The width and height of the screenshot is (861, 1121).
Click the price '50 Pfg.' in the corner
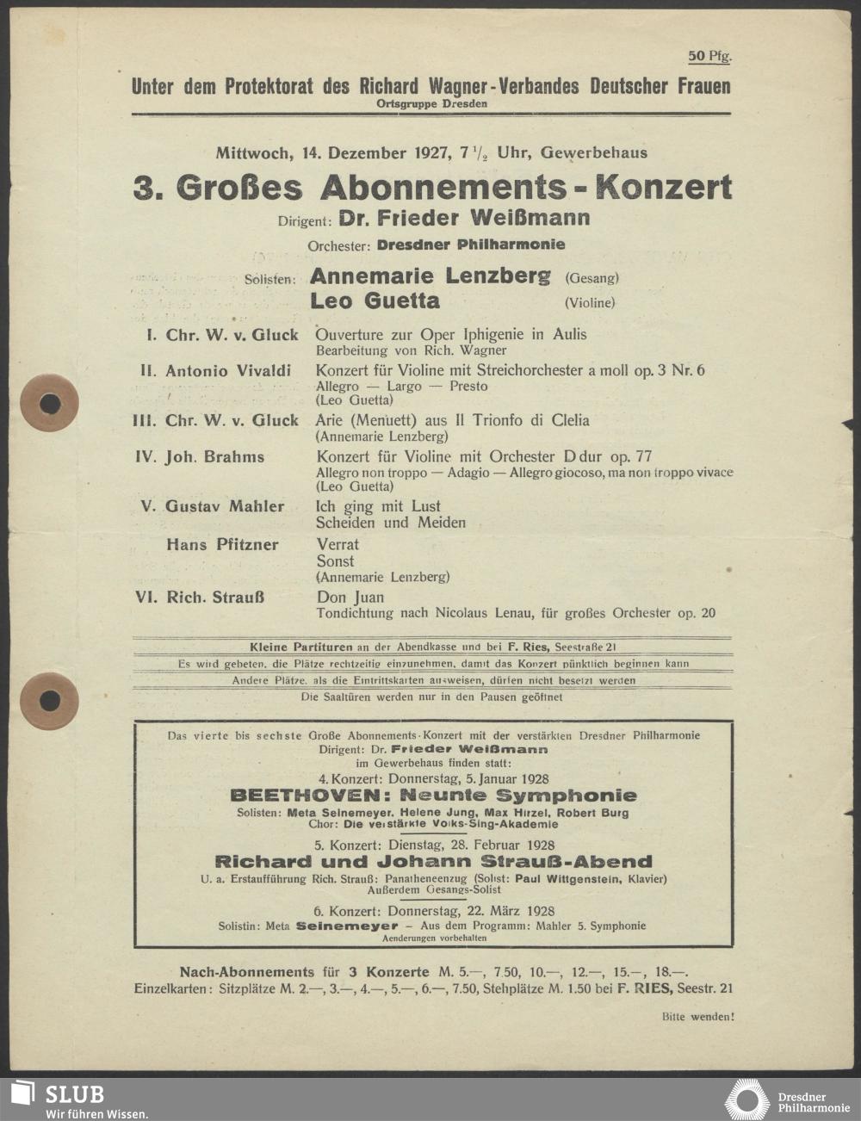click(709, 56)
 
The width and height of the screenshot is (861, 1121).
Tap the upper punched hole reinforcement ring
click(50, 403)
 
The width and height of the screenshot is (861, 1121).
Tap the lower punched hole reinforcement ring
click(50, 701)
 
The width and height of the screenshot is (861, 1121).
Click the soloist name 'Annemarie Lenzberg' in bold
click(430, 276)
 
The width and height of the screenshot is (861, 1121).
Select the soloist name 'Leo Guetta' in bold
click(375, 301)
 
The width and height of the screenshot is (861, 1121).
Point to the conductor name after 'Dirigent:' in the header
click(464, 218)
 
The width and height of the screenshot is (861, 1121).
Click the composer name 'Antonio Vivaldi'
click(228, 371)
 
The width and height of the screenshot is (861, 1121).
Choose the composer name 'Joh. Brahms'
click(214, 457)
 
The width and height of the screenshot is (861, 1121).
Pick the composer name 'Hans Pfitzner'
click(222, 544)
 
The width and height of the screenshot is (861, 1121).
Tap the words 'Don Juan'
click(350, 597)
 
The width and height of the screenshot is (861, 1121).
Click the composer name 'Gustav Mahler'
click(224, 506)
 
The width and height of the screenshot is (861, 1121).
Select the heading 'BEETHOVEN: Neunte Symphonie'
click(434, 796)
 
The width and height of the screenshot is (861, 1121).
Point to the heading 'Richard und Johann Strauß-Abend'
click(434, 862)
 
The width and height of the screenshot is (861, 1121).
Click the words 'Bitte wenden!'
click(698, 1017)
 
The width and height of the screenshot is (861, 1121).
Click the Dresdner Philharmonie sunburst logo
click(747, 1100)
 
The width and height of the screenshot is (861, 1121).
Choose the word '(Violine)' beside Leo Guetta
click(590, 303)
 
